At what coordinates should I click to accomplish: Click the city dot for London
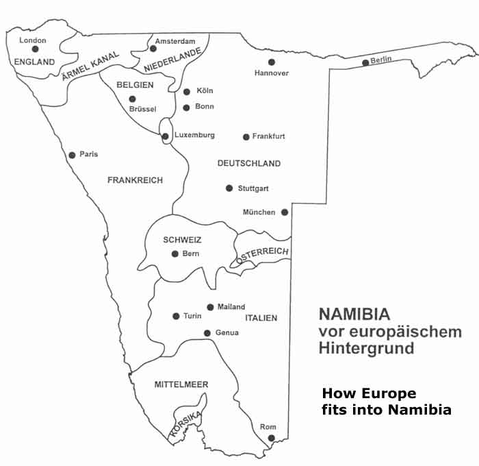36,49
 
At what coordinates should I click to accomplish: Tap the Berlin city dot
365,64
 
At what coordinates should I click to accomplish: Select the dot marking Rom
271,438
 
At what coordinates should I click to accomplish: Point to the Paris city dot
72,155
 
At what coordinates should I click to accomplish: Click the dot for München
285,212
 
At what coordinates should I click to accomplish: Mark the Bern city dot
175,254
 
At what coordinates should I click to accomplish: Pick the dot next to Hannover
272,62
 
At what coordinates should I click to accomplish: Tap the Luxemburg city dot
166,136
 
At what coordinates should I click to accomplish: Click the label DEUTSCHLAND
249,164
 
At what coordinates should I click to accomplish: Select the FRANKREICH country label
135,180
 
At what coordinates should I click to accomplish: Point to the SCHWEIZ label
182,239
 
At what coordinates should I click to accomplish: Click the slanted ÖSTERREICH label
263,256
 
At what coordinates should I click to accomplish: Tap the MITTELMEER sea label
181,384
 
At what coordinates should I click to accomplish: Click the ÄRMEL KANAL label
90,66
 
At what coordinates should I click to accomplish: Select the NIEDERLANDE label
173,60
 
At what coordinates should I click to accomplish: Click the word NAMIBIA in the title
354,315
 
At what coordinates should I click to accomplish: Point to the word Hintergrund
366,348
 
